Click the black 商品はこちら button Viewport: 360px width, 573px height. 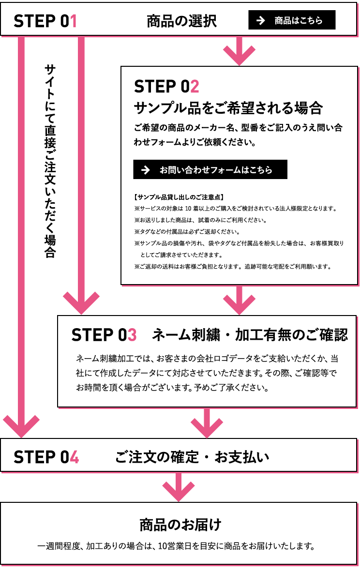click(x=292, y=20)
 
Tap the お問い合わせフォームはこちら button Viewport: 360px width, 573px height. click(x=210, y=169)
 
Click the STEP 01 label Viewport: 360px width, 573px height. click(x=45, y=21)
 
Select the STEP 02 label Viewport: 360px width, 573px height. click(x=166, y=87)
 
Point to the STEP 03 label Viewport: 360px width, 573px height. click(x=104, y=335)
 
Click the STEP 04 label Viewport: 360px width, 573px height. click(x=46, y=457)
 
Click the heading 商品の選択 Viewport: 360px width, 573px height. click(x=181, y=21)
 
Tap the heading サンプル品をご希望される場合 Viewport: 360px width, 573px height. click(x=228, y=108)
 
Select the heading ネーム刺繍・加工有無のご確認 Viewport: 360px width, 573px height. click(x=250, y=335)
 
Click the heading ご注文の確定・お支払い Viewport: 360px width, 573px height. click(x=192, y=457)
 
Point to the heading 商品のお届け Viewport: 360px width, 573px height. click(x=180, y=525)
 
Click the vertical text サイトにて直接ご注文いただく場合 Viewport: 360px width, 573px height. click(x=50, y=161)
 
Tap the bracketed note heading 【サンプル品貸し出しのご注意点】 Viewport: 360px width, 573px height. click(x=179, y=197)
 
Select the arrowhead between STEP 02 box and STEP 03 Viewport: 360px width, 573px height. click(x=239, y=304)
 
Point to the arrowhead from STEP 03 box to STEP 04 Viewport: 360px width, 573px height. click(x=207, y=427)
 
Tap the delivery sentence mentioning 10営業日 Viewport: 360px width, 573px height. click(x=176, y=546)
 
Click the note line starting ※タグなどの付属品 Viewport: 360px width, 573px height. click(x=187, y=232)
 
